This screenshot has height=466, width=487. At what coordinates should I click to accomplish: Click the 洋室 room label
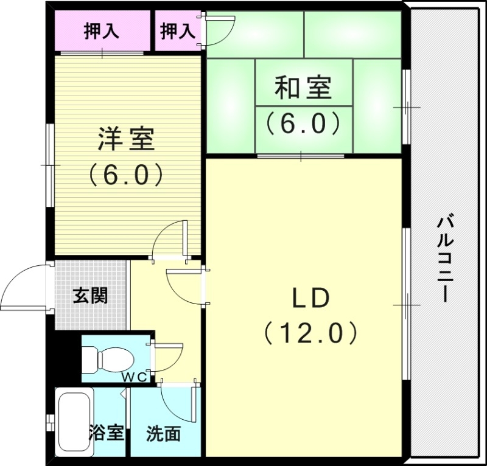127,140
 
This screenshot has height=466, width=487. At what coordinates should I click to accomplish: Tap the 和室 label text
303,88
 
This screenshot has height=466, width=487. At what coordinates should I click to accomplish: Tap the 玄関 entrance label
91,296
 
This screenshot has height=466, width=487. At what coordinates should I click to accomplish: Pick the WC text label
136,377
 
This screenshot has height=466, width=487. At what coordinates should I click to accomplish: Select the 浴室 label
107,433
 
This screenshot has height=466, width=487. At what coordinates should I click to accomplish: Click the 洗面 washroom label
163,433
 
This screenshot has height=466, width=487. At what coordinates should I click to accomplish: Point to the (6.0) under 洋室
127,175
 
